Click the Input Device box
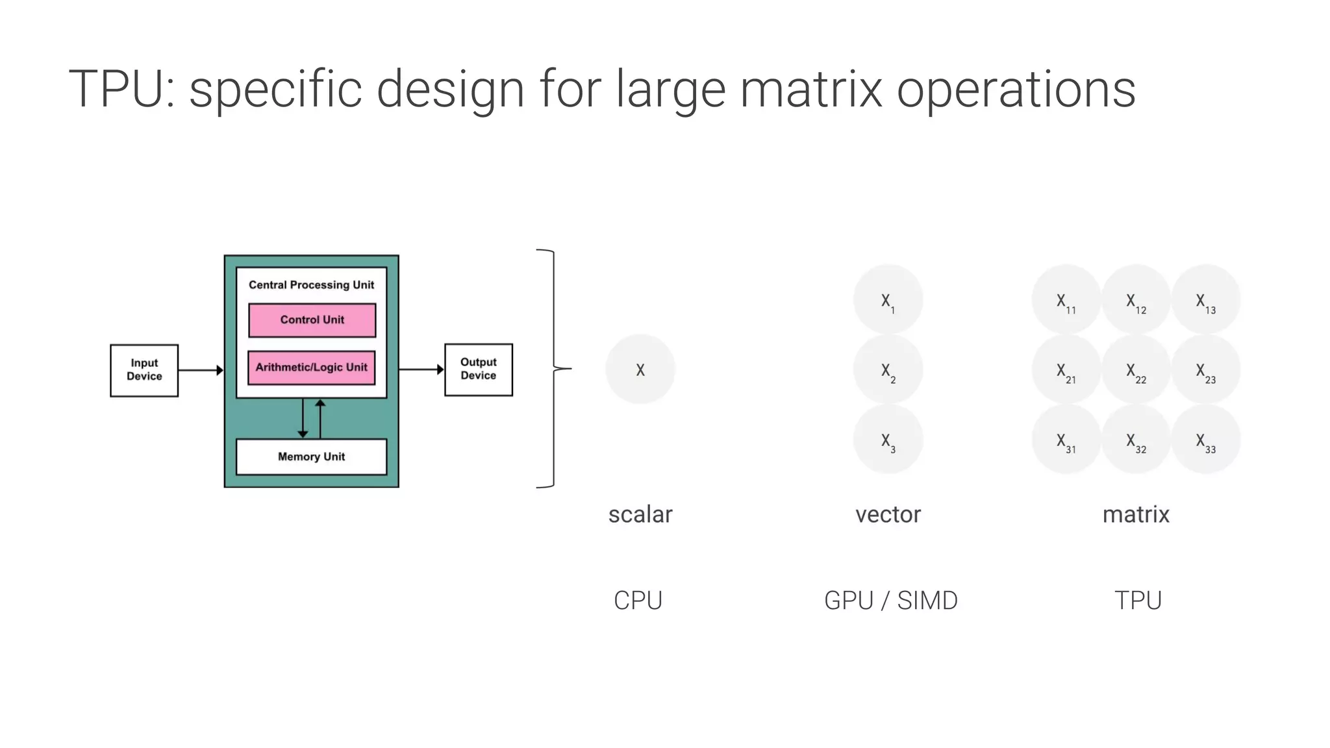[144, 370]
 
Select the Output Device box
[479, 369]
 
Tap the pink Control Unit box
[312, 320]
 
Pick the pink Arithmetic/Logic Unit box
[312, 368]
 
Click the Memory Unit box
[311, 457]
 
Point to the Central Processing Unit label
[311, 285]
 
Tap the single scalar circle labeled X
[640, 369]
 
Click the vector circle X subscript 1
[888, 300]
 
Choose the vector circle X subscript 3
[888, 440]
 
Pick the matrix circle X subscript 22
[1136, 370]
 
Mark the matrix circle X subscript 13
[1206, 300]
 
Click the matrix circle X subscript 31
[1066, 440]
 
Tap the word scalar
[640, 514]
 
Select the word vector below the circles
[888, 514]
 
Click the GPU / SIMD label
[890, 601]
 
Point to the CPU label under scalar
[638, 601]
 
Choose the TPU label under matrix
[1138, 601]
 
